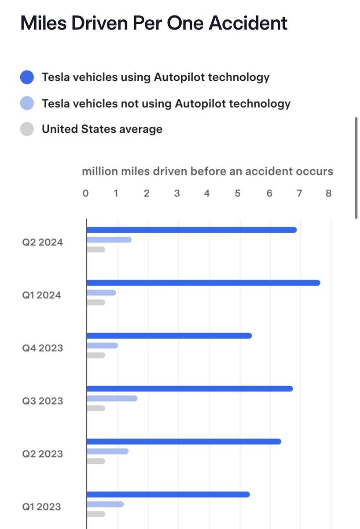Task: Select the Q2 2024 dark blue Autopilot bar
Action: (x=191, y=230)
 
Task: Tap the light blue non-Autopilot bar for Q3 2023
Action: (x=112, y=399)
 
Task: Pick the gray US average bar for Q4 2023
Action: (x=96, y=355)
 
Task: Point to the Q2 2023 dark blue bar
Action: (x=184, y=441)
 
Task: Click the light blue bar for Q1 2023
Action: (x=105, y=504)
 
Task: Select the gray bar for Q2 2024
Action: (x=96, y=250)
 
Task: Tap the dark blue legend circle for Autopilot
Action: (x=27, y=78)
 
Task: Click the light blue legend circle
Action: (x=27, y=104)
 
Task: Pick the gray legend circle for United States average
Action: (x=27, y=129)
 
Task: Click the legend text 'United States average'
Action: (x=102, y=129)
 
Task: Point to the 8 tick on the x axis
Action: (x=328, y=193)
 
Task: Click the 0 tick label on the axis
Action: (x=85, y=193)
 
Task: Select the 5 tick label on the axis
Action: (x=238, y=193)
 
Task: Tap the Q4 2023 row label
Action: (x=43, y=348)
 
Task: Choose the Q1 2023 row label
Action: (x=42, y=507)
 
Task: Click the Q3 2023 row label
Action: (x=43, y=401)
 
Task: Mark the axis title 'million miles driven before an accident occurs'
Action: (x=207, y=171)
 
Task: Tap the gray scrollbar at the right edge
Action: (x=356, y=168)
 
